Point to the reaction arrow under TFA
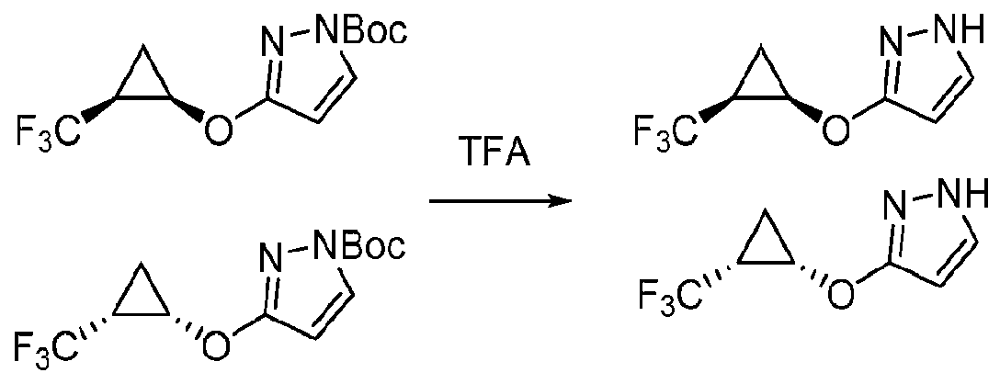click(x=495, y=202)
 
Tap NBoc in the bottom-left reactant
click(x=363, y=247)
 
